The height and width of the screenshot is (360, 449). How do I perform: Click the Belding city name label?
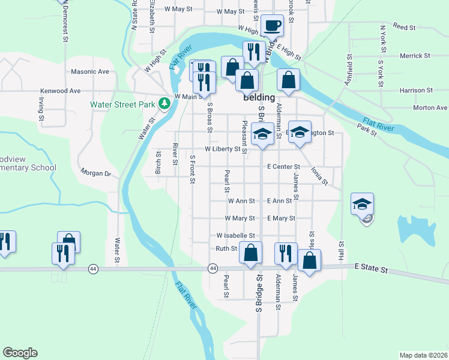259,97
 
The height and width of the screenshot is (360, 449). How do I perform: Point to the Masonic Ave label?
90,71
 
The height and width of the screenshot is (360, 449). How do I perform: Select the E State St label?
372,268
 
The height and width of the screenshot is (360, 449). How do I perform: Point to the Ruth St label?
227,248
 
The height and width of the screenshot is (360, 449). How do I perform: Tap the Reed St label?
405,27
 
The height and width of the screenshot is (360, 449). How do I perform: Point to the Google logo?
20,353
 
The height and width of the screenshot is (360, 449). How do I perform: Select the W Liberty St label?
222,149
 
